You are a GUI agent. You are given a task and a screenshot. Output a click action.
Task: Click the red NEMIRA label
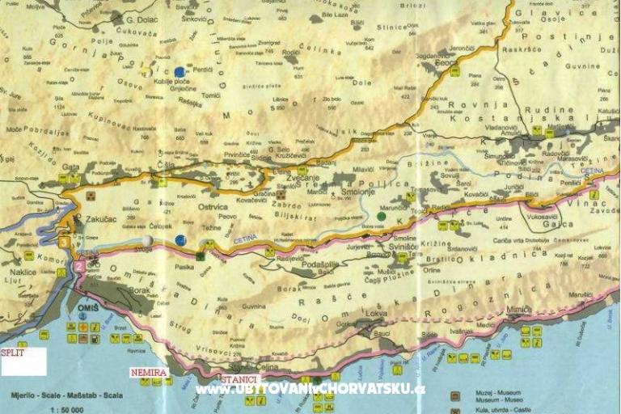coord(149,372)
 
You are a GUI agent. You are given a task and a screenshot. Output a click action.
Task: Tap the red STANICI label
coord(240,378)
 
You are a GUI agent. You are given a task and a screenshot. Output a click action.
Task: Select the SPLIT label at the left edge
coord(12,353)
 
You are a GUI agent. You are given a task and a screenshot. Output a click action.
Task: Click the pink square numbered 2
coord(79,264)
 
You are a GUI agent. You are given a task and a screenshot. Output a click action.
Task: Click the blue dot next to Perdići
coord(180,72)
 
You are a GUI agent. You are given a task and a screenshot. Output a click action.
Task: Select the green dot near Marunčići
coord(381,216)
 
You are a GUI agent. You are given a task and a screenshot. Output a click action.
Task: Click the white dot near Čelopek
coord(146,240)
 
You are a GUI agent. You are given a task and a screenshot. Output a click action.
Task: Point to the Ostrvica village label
coord(213,207)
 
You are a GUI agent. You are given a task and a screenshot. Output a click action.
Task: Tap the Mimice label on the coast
coord(519,310)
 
